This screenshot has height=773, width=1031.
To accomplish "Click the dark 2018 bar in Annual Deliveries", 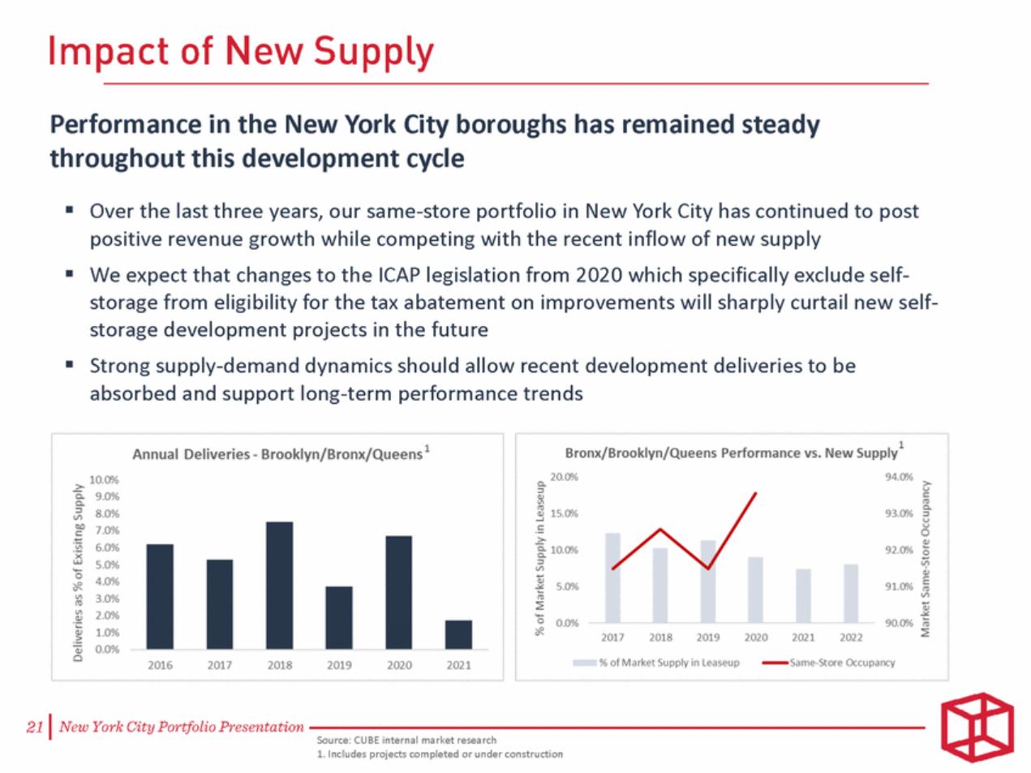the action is pos(280,585).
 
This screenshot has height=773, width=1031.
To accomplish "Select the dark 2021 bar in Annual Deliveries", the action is pos(458,634).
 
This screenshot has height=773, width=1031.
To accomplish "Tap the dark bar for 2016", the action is pos(160,596).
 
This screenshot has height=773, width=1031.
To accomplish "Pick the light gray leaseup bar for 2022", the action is pos(851,593).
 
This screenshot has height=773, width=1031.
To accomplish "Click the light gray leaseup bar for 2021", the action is pos(803,595).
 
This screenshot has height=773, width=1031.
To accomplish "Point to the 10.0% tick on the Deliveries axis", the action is pos(105,480).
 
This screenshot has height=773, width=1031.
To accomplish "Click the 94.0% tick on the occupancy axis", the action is pos(899,477).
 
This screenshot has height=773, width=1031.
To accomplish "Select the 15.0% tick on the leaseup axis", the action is pos(564,513).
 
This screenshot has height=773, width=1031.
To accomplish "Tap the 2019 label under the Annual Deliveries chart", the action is pos(339,665).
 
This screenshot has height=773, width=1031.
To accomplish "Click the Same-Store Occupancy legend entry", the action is pos(829,663).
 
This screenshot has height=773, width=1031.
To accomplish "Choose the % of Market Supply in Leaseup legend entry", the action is pos(656,663).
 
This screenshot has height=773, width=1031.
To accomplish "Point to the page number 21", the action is pos(35,727).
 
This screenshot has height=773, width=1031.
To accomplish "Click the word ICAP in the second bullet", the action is pos(399,275).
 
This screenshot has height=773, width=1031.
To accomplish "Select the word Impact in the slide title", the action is pos(109,51).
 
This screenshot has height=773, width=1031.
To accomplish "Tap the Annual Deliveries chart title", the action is pos(281,453).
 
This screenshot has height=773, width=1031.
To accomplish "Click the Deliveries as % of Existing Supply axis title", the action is pos(78,573).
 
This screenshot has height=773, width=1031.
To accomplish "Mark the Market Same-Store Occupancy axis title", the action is pos(926,559).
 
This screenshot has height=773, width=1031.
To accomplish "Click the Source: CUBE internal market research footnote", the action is pos(406,740).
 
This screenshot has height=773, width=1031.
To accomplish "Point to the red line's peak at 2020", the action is pos(756,492).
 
